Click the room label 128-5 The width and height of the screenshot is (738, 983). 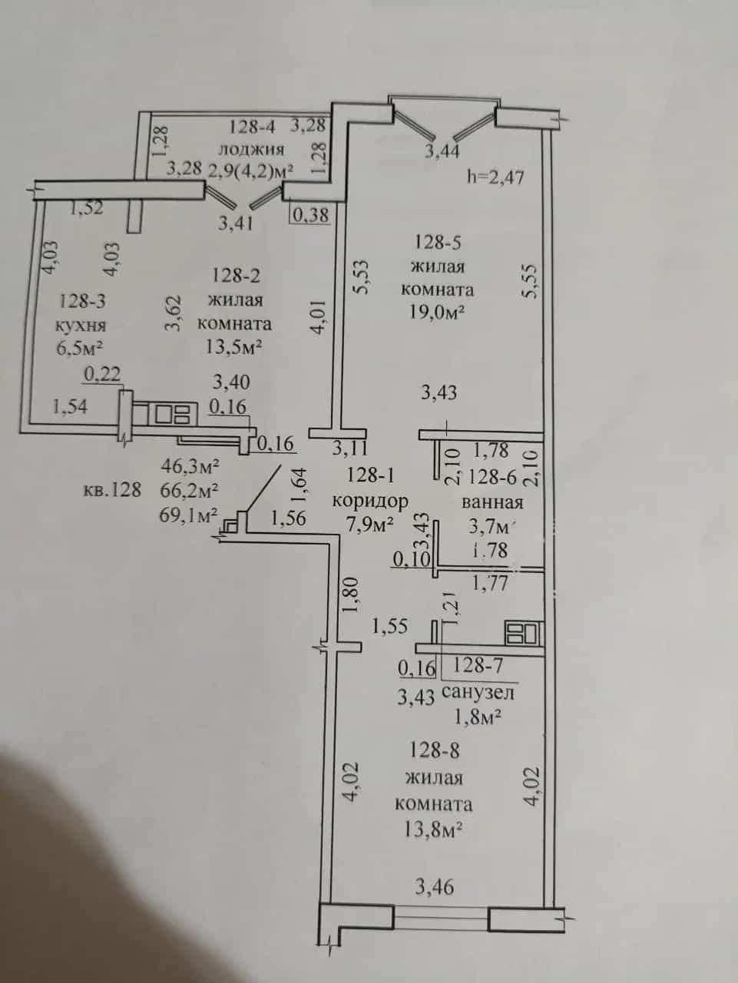coord(438,243)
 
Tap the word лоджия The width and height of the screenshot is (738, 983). coord(251,149)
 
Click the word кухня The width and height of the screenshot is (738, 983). coord(81,325)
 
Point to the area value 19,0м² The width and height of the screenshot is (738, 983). coord(435,312)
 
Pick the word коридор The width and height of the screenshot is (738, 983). coord(370,501)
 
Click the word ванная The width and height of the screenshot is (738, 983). coord(492,502)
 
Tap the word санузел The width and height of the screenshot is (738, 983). coord(478,693)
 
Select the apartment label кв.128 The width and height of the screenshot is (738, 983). coord(112,489)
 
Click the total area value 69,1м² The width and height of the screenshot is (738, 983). coord(188,515)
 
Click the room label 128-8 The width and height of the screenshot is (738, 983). coord(434,750)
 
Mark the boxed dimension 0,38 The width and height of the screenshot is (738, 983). coord(311,214)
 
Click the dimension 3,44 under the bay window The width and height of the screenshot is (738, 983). coord(442,151)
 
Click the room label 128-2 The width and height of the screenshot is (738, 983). coord(236,276)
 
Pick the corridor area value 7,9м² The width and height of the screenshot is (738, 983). coord(369,525)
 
